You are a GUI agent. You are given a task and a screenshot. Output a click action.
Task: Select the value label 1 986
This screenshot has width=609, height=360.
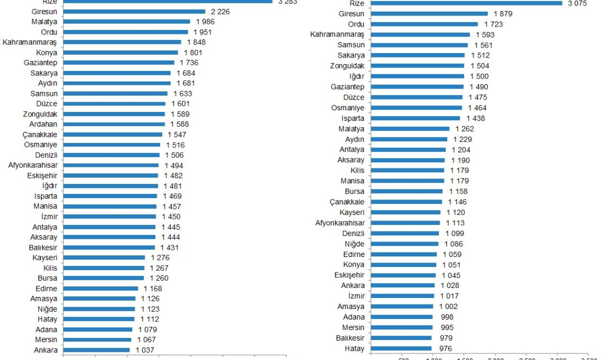pyautogui.click(x=204, y=22)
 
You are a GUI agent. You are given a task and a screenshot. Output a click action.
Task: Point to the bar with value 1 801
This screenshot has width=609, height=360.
pyautogui.click(x=121, y=53)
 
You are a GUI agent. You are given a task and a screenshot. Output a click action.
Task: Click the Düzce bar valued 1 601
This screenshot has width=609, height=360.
pyautogui.click(x=115, y=104)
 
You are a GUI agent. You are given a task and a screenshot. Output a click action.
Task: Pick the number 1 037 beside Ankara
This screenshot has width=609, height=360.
pyautogui.click(x=144, y=350)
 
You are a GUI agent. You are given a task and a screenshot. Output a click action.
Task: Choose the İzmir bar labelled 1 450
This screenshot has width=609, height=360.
pyautogui.click(x=110, y=217)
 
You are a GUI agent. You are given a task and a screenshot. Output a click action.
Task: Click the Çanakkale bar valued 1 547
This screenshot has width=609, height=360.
pyautogui.click(x=113, y=135)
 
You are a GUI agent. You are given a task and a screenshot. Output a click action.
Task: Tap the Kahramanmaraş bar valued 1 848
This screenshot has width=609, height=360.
pyautogui.click(x=122, y=42)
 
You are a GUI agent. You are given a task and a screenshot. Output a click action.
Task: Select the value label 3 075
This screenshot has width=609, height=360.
pyautogui.click(x=576, y=3)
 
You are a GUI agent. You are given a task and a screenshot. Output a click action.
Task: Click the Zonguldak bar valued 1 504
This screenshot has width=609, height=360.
pyautogui.click(x=417, y=65)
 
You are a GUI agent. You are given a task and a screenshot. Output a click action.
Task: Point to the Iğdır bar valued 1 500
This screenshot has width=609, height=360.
pyautogui.click(x=417, y=76)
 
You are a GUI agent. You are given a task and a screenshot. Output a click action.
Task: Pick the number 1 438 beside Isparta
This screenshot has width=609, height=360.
pyautogui.click(x=474, y=118)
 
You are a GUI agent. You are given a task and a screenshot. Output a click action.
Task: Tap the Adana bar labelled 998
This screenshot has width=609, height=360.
pyautogui.click(x=402, y=317)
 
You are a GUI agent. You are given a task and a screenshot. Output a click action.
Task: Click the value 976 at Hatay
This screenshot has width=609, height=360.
pyautogui.click(x=445, y=348)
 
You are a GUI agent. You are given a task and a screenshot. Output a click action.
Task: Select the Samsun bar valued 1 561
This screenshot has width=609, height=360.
pyautogui.click(x=419, y=45)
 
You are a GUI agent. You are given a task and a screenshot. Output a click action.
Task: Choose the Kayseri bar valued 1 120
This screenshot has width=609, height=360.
pyautogui.click(x=406, y=212)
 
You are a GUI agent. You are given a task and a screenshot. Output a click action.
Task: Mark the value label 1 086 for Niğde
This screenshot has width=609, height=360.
pyautogui.click(x=453, y=244)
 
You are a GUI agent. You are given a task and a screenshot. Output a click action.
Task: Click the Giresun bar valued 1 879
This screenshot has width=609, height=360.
pyautogui.click(x=429, y=13)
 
